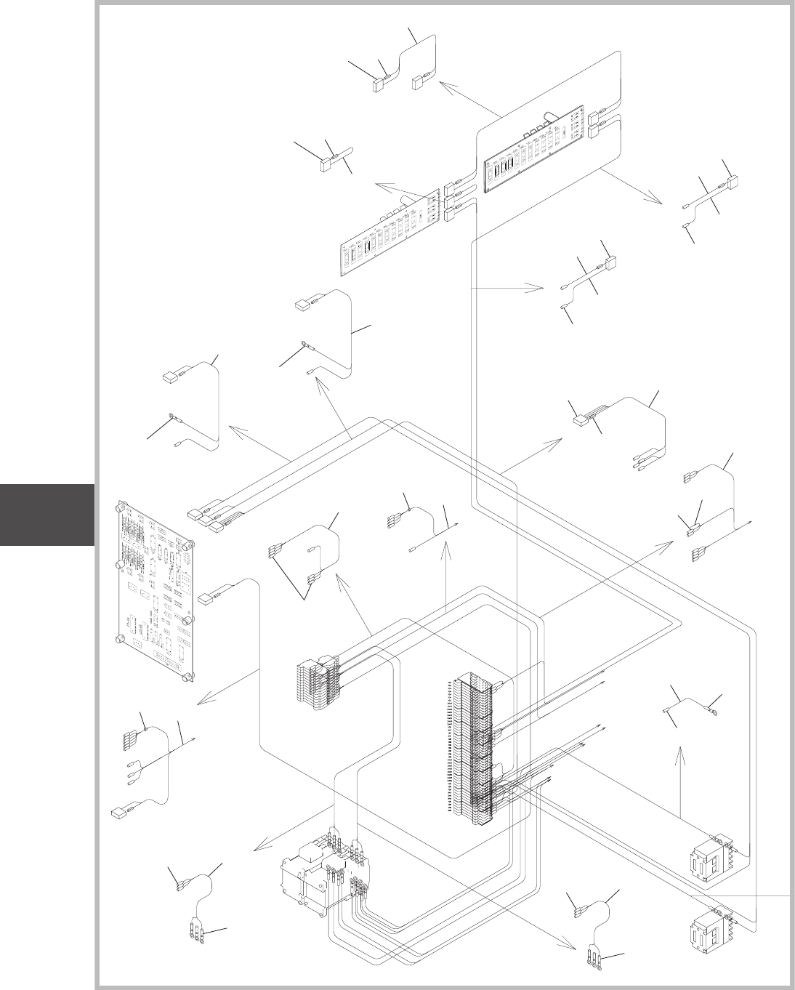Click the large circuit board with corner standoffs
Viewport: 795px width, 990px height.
point(156,589)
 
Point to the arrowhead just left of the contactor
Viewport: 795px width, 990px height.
point(257,848)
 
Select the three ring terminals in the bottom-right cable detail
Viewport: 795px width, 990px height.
point(595,959)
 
